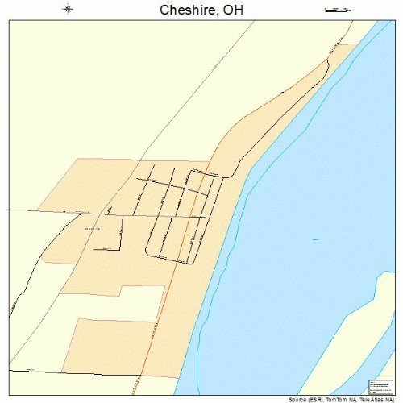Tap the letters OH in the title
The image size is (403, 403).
pyautogui.click(x=231, y=10)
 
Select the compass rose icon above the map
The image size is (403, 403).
pyautogui.click(x=69, y=10)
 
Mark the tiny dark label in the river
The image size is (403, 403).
pyautogui.click(x=314, y=239)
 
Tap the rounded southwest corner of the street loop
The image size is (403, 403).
pyautogui.click(x=149, y=252)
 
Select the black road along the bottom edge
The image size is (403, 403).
pyautogui.click(x=73, y=372)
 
